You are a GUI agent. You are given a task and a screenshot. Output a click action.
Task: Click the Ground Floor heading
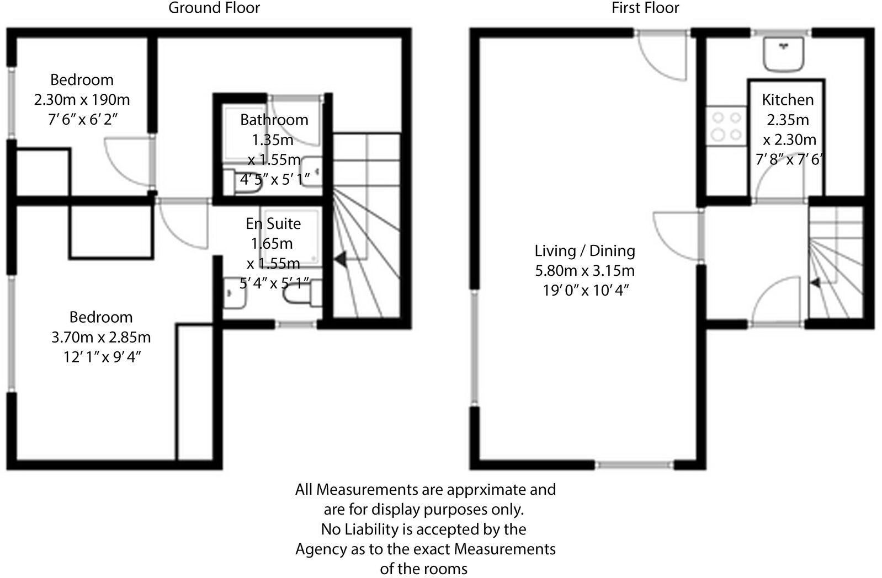pyautogui.click(x=214, y=8)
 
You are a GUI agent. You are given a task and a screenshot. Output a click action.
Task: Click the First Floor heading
pyautogui.click(x=645, y=8)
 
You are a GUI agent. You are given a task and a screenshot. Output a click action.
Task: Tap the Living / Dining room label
pyautogui.click(x=585, y=251)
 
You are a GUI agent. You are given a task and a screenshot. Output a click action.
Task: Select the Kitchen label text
pyautogui.click(x=788, y=100)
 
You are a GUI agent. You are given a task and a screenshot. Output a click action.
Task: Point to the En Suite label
pyautogui.click(x=273, y=223)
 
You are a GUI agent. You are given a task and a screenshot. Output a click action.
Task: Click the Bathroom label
pyautogui.click(x=274, y=120)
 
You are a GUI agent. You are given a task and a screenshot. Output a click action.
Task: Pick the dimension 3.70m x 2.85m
pyautogui.click(x=101, y=337)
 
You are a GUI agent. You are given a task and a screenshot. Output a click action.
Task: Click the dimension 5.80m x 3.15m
pyautogui.click(x=585, y=271)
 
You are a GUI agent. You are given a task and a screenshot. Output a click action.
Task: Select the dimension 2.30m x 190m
pyautogui.click(x=82, y=100)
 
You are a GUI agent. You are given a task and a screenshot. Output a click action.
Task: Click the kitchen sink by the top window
pyautogui.click(x=783, y=55)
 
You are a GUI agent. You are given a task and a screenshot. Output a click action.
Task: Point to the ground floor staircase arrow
pyautogui.click(x=339, y=258)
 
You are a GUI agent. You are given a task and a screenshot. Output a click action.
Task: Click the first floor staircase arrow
pyautogui.click(x=815, y=283)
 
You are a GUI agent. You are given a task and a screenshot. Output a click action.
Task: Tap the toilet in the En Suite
pyautogui.click(x=300, y=298)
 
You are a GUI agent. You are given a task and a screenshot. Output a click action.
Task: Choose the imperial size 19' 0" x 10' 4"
pyautogui.click(x=585, y=291)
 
